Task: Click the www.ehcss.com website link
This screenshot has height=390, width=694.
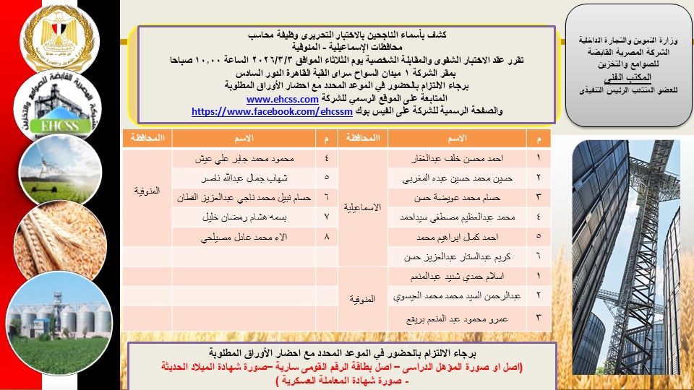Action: pyautogui.click(x=283, y=100)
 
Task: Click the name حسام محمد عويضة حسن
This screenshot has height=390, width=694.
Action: pyautogui.click(x=463, y=196)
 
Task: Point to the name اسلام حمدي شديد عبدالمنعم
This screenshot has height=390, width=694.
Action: pyautogui.click(x=463, y=276)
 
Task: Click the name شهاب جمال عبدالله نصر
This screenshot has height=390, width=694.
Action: pyautogui.click(x=236, y=176)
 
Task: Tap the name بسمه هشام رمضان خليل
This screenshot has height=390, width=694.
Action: pyautogui.click(x=236, y=216)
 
